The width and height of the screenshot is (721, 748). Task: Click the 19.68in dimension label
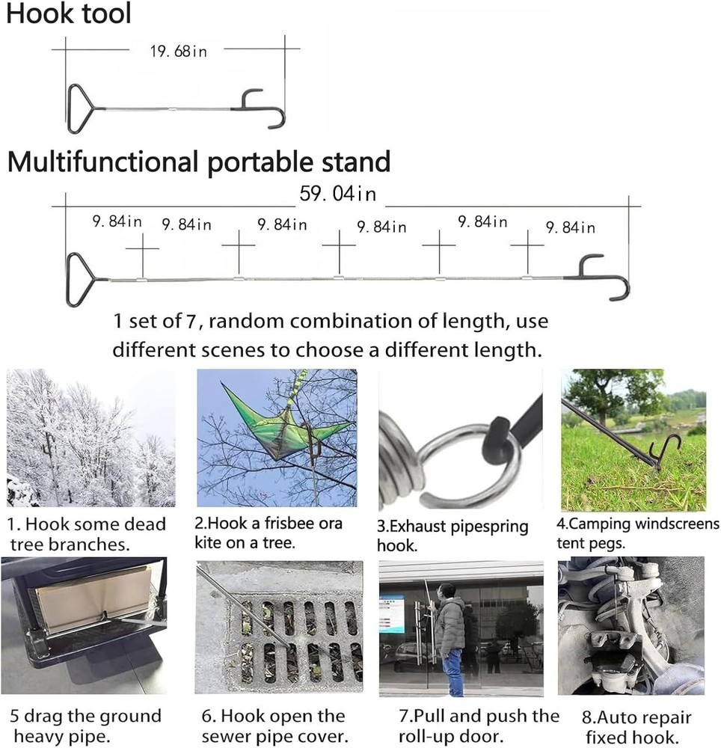click(179, 51)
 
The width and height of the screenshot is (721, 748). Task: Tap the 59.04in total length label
click(338, 194)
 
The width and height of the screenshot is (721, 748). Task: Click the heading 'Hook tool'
click(69, 13)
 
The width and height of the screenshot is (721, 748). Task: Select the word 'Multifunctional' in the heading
click(103, 162)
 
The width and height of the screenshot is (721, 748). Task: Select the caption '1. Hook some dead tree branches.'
click(86, 534)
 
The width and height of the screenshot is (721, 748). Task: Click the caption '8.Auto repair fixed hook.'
click(636, 726)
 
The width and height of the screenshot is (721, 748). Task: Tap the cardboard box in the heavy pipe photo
click(93, 594)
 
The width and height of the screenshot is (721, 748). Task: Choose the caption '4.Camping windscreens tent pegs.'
click(637, 533)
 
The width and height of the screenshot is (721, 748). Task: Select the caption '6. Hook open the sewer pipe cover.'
click(274, 726)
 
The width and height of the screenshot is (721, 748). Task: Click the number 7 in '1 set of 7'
click(191, 321)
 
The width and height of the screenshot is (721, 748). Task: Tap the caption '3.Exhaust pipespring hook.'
click(452, 536)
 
